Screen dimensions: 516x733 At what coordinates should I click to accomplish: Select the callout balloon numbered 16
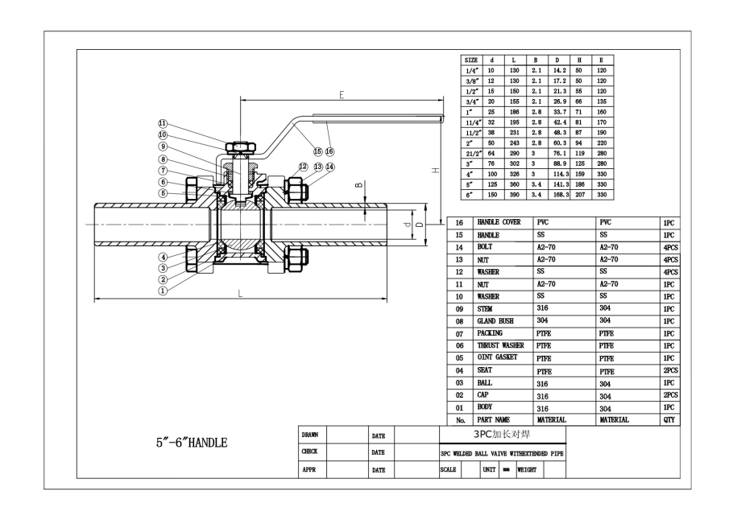(x=329, y=151)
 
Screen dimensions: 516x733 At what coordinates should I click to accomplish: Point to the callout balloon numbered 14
(x=329, y=167)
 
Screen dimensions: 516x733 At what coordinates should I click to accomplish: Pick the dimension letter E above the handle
(x=342, y=95)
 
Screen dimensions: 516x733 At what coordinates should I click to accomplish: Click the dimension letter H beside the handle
(x=434, y=171)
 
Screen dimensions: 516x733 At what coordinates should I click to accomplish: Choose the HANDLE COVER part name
(x=499, y=221)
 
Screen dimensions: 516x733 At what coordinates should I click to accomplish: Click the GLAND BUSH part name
(x=495, y=320)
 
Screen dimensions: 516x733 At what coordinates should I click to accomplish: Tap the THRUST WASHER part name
(x=500, y=345)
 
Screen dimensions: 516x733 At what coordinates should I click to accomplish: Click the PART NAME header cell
(x=496, y=419)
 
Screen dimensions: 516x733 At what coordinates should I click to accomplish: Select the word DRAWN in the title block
(x=309, y=435)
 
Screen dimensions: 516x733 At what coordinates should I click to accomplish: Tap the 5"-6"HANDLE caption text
(x=192, y=443)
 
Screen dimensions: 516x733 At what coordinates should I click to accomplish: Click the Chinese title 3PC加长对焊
(x=501, y=433)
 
